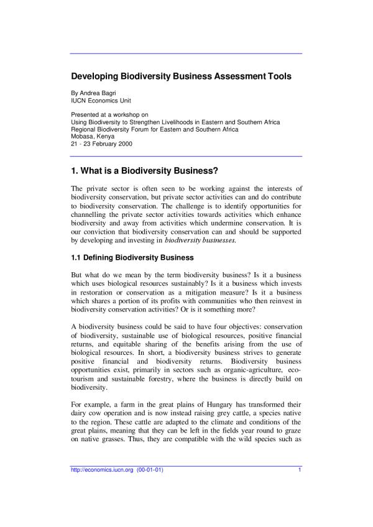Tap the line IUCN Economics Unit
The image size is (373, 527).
(x=101, y=100)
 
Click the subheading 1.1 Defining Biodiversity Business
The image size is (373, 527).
(x=132, y=257)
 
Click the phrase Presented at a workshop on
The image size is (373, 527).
(x=109, y=115)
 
